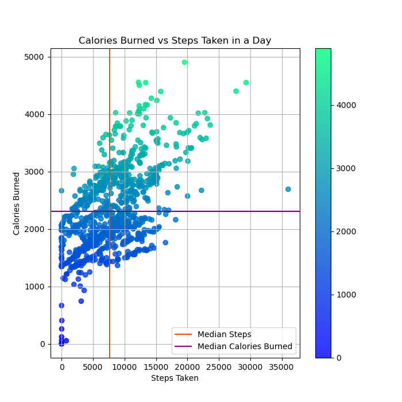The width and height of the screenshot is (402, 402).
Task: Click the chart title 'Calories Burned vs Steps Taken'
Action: tap(175, 41)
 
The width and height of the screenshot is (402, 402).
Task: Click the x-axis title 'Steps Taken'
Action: tap(175, 378)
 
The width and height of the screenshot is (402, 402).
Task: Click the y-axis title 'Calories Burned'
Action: tap(17, 203)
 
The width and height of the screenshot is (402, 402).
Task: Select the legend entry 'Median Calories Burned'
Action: tap(245, 347)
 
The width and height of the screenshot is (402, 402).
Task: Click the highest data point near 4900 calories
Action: tap(184, 63)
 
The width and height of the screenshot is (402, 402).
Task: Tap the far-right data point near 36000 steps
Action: tap(288, 189)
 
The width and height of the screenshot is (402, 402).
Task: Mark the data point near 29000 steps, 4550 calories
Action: tap(246, 83)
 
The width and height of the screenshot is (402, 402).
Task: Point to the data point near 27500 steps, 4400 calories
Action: tap(236, 91)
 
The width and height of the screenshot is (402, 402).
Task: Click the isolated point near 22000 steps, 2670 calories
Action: tap(202, 190)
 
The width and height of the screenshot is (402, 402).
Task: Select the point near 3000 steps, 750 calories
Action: tap(81, 301)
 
